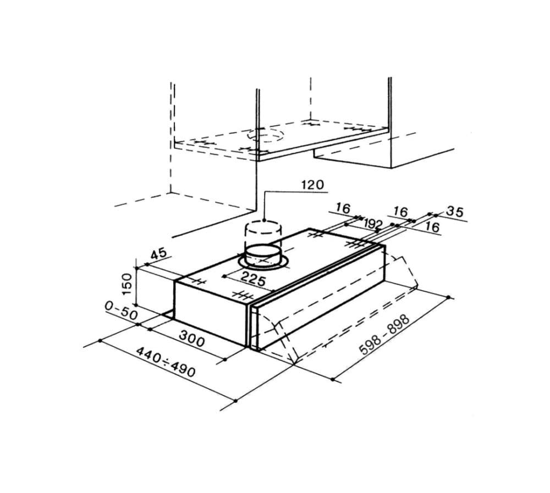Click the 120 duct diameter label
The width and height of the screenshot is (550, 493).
click(312, 185)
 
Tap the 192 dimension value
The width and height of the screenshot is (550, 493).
click(373, 223)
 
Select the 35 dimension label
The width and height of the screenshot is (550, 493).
click(455, 212)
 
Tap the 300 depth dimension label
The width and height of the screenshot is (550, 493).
click(192, 338)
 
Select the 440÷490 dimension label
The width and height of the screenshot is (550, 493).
click(165, 362)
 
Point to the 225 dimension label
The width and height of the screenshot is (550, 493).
click(253, 279)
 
